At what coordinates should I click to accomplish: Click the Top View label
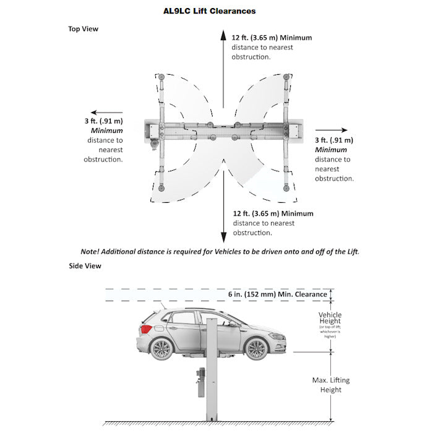click(83, 28)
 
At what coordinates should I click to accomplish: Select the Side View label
click(85, 266)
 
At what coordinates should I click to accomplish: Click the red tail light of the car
click(146, 328)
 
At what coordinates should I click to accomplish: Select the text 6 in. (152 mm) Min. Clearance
click(277, 294)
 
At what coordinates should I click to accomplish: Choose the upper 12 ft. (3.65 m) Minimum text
click(272, 38)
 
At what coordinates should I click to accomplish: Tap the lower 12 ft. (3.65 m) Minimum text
click(273, 214)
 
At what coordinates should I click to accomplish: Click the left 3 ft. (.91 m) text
click(104, 121)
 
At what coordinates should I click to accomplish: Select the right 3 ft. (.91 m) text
click(334, 140)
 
